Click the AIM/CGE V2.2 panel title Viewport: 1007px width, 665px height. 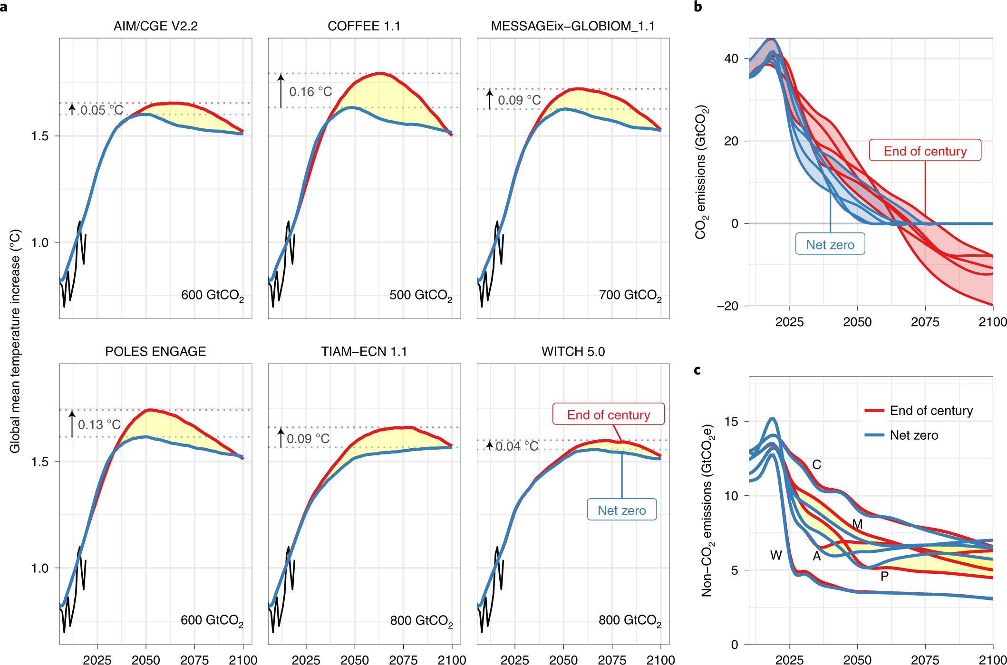pos(155,26)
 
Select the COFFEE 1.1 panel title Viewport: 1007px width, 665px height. pos(364,26)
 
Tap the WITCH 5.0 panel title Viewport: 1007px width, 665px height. pos(573,352)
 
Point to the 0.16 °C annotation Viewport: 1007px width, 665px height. pos(310,92)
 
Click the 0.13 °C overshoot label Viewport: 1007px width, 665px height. pos(99,424)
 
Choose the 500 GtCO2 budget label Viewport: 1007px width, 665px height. pos(420,296)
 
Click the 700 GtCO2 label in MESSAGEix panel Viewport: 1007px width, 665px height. pos(630,296)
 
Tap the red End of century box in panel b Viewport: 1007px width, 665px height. pos(925,151)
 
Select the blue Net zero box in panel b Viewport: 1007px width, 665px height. pos(830,244)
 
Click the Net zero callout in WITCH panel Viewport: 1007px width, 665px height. pos(621,510)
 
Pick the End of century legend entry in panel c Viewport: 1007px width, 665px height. pos(931,411)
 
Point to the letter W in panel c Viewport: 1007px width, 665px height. pos(776,555)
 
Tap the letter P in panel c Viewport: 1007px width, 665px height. pos(884,576)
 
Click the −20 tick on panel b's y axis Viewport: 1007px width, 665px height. pos(727,306)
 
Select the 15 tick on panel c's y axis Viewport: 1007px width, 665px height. pos(731,422)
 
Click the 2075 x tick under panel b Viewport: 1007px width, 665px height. pos(925,322)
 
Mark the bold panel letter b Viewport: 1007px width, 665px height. pos(698,7)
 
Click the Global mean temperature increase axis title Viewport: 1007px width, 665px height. pos(15,341)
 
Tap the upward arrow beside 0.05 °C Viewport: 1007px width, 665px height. pos(72,109)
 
